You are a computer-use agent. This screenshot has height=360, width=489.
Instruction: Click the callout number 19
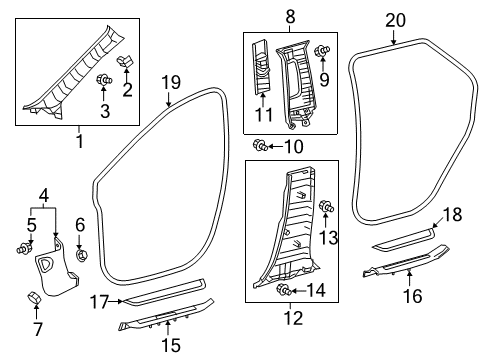pyautogui.click(x=171, y=82)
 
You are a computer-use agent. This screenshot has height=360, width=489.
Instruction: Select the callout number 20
pyautogui.click(x=396, y=20)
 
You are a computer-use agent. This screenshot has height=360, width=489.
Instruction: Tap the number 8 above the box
pyautogui.click(x=290, y=16)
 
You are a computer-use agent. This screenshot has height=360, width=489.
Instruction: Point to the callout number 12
pyautogui.click(x=294, y=318)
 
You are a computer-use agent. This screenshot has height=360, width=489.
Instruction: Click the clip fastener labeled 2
pyautogui.click(x=125, y=61)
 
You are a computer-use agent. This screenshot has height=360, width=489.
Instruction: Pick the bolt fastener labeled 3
pyautogui.click(x=104, y=80)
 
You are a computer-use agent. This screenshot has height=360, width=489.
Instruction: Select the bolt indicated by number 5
pyautogui.click(x=24, y=248)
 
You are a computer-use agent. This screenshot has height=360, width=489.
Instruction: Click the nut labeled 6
pyautogui.click(x=81, y=256)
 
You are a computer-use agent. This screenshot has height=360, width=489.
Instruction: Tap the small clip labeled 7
pyautogui.click(x=34, y=297)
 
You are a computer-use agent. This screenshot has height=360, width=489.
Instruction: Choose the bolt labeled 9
pyautogui.click(x=322, y=51)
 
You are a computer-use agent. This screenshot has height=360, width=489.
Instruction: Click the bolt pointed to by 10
pyautogui.click(x=260, y=146)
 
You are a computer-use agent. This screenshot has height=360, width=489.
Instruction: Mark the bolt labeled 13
pyautogui.click(x=327, y=207)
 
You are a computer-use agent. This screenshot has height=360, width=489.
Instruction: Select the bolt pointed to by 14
pyautogui.click(x=284, y=290)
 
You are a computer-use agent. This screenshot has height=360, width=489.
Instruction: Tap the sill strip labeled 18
pyautogui.click(x=404, y=239)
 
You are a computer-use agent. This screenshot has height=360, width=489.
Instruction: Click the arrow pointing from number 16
pyautogui.click(x=410, y=278)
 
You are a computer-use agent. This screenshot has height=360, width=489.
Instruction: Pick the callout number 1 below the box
pyautogui.click(x=80, y=141)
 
